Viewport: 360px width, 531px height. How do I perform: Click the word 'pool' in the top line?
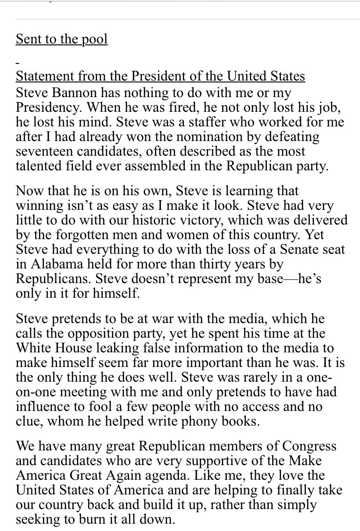point(95,39)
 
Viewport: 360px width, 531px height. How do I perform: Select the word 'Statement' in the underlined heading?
point(40,77)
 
